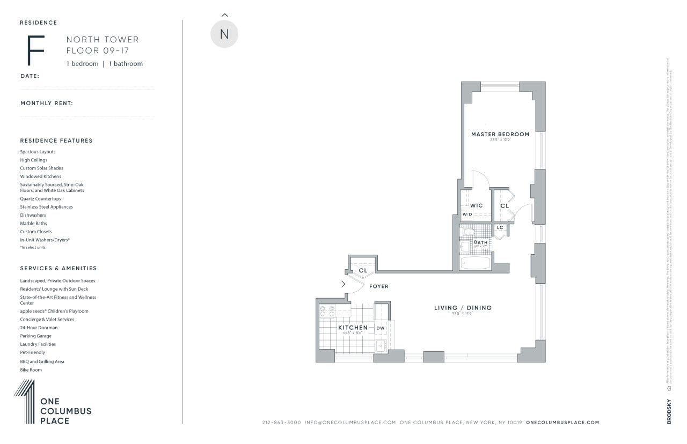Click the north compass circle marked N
pos(224,34)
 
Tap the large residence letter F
pos(36,50)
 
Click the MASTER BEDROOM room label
pos(500,134)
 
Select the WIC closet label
pos(477,205)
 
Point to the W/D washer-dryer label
pos(467,214)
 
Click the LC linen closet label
pos(500,227)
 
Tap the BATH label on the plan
pos(481,242)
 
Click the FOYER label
pos(379,286)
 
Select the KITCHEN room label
pos(353,328)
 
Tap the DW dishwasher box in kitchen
pos(381,328)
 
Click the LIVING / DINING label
pos(463,308)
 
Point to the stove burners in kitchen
pos(327,311)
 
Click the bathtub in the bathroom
pos(476,263)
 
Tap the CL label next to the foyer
pos(363,270)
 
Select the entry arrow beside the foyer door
pos(343,284)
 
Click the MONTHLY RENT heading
pos(47,103)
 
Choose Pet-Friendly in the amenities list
pos(33,352)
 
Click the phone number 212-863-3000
pos(282,423)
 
